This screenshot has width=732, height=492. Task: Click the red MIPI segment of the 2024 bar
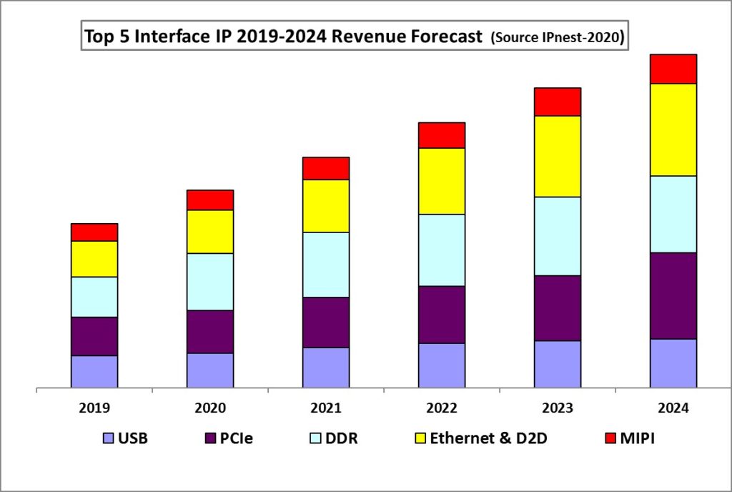(x=673, y=69)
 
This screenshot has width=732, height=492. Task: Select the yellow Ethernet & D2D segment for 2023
(x=557, y=156)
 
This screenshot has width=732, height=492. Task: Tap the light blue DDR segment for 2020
(x=210, y=282)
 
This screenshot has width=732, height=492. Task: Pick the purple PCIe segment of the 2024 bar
(x=673, y=295)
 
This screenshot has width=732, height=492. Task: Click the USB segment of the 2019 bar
(x=94, y=372)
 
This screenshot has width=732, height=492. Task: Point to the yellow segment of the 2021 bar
(x=326, y=206)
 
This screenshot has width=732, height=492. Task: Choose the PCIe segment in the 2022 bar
(x=442, y=315)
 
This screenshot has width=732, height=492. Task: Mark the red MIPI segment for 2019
(x=94, y=232)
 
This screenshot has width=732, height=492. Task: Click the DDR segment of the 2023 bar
(x=557, y=236)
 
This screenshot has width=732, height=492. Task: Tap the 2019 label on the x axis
(x=94, y=408)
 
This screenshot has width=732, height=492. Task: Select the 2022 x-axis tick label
(x=442, y=408)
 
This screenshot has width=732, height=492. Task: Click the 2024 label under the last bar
(x=673, y=408)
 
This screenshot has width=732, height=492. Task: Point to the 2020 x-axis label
(x=210, y=408)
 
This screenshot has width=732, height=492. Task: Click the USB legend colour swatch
(x=109, y=438)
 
